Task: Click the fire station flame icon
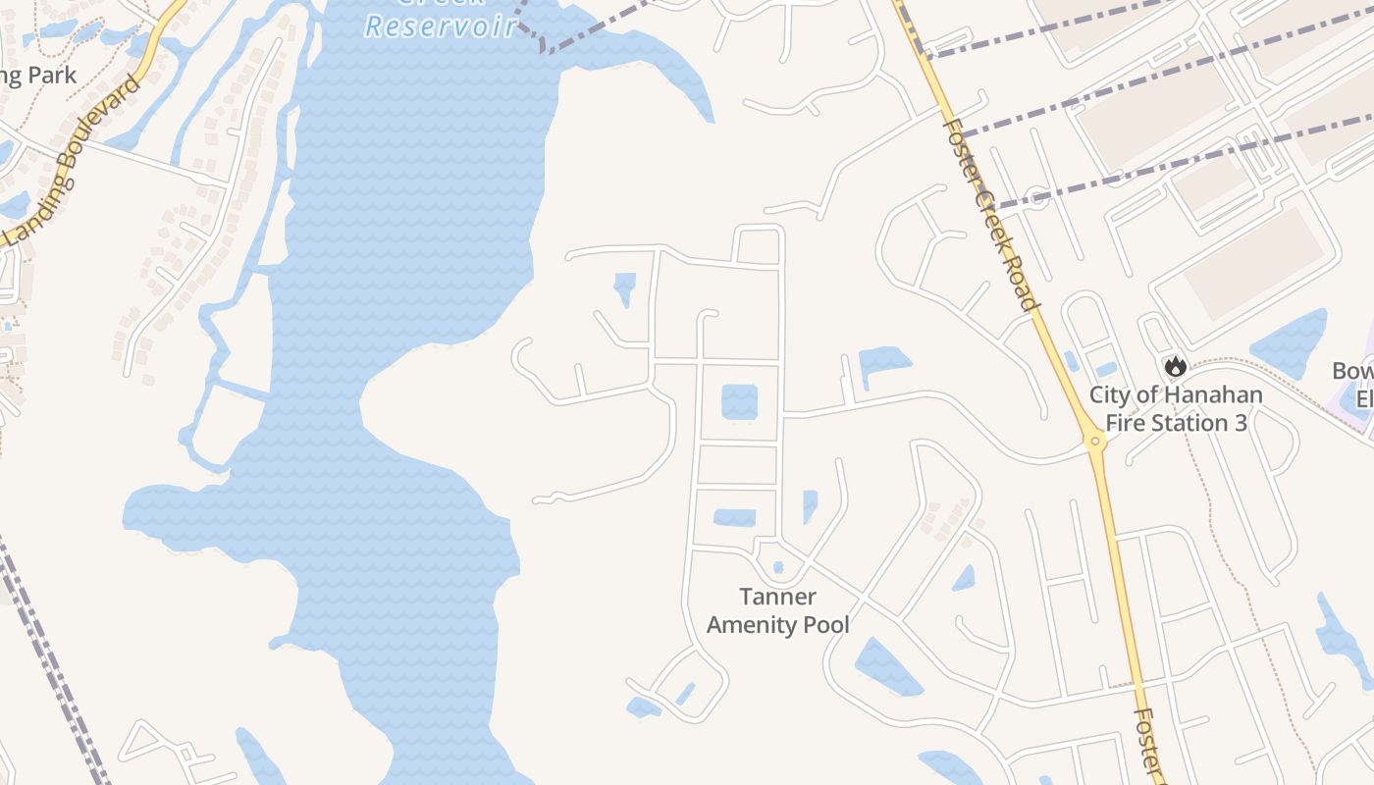[1175, 367]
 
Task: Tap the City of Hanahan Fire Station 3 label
[1176, 409]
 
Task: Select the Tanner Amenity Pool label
[778, 610]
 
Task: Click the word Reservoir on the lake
[441, 26]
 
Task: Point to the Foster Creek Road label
[989, 211]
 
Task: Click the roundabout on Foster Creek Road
[1096, 443]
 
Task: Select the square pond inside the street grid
[739, 402]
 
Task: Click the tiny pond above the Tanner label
[778, 566]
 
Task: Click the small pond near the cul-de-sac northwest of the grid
[624, 288]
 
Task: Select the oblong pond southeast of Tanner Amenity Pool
[887, 666]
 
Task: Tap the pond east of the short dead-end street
[883, 362]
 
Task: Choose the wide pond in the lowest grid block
[734, 517]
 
